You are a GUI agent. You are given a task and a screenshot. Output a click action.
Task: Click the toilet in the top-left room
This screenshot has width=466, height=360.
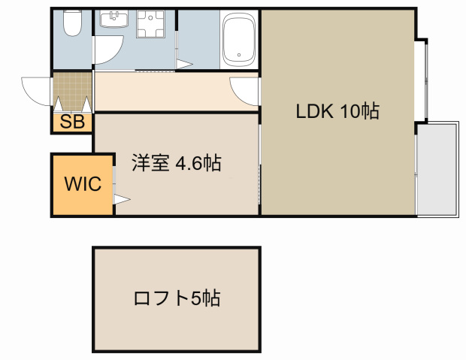(x=72, y=25)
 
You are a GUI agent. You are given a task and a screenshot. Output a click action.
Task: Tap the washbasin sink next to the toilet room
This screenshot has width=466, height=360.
(x=114, y=21)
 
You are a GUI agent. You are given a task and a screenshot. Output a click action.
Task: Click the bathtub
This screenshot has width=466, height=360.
(x=241, y=41)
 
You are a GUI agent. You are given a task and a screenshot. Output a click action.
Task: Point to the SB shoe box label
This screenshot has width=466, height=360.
(x=72, y=123)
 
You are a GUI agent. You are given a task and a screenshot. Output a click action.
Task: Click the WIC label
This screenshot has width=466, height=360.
(x=82, y=185)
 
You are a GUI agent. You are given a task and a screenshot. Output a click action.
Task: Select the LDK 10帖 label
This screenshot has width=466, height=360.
(x=337, y=111)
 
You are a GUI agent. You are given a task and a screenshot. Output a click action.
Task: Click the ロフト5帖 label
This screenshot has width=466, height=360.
(x=177, y=298)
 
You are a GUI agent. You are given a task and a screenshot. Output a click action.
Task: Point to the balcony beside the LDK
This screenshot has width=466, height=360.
(x=437, y=169)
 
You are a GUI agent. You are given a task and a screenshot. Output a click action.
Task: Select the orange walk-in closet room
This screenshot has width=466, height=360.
(x=82, y=185)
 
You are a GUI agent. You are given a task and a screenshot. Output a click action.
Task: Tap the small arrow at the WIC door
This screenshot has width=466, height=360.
(x=121, y=200)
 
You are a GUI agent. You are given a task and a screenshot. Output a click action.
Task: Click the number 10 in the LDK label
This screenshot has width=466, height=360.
(x=349, y=111)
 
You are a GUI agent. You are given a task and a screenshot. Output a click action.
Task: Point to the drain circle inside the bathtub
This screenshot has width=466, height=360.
(x=241, y=54)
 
